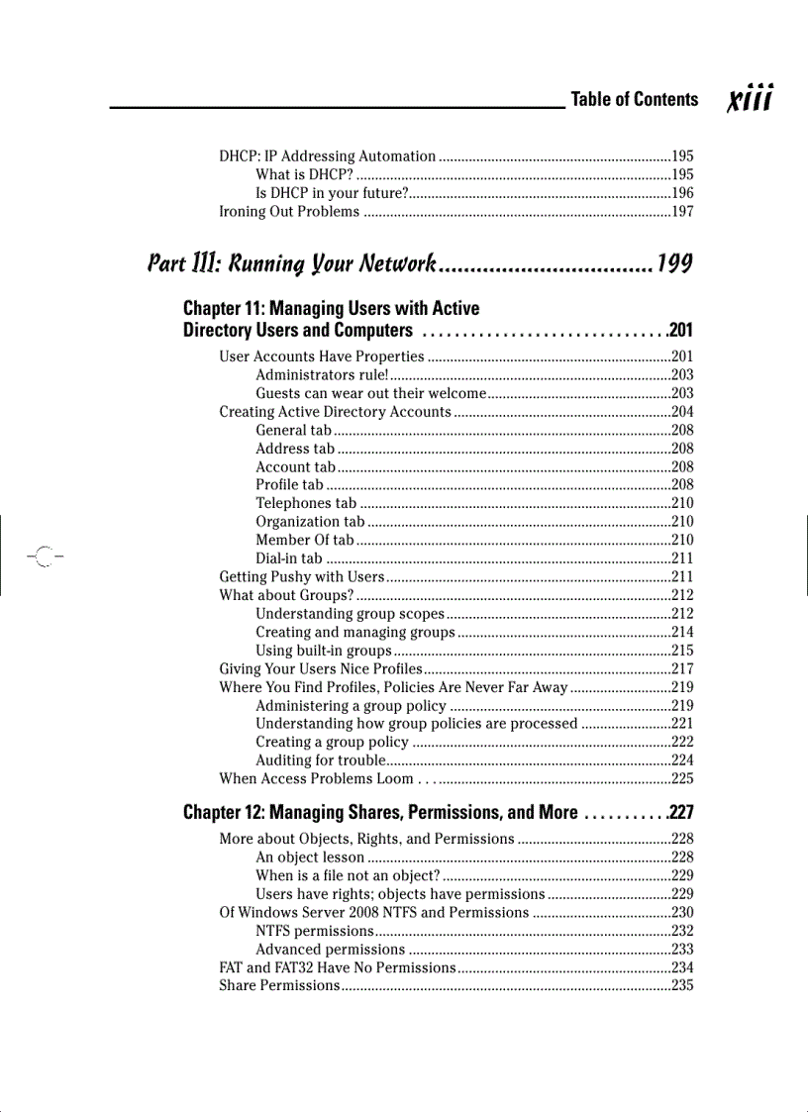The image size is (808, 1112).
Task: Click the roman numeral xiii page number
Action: click(751, 99)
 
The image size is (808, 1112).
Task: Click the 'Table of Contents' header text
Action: click(634, 99)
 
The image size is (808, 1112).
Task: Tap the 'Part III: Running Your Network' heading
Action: click(291, 264)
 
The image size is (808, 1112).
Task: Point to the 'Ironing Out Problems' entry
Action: click(289, 212)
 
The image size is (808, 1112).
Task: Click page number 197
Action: click(682, 212)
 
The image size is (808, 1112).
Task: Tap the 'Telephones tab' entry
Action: click(306, 504)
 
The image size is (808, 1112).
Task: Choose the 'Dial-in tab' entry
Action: click(288, 558)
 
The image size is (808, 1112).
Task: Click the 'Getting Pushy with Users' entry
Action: click(301, 577)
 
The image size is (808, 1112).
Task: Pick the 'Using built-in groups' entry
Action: click(324, 652)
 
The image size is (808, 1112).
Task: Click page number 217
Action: click(682, 669)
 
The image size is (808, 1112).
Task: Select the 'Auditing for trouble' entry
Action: click(320, 761)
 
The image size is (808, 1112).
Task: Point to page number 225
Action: click(682, 779)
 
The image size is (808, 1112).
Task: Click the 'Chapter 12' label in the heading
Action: click(224, 813)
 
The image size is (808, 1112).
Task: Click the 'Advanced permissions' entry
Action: click(330, 950)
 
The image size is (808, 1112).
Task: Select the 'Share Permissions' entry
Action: click(278, 986)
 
